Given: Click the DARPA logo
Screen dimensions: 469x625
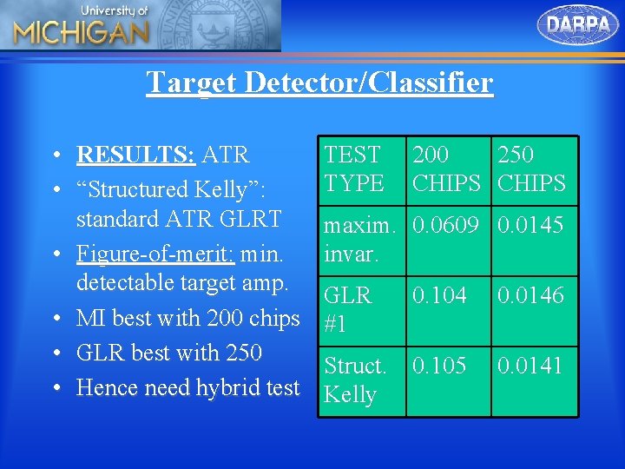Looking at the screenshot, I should (578, 24).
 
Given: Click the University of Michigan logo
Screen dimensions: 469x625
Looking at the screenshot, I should (81, 26).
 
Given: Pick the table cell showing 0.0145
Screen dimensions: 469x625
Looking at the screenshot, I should (530, 226).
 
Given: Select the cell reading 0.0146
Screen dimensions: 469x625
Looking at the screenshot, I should (530, 295).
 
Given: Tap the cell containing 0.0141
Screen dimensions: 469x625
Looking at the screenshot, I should (530, 366).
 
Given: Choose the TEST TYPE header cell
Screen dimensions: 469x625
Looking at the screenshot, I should (353, 168).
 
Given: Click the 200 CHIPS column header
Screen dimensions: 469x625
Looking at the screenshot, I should (446, 168).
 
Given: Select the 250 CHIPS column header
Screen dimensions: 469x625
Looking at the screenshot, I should (530, 168).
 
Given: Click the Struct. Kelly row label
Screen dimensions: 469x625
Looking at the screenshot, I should (355, 380).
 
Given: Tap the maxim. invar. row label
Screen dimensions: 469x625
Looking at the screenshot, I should (359, 240).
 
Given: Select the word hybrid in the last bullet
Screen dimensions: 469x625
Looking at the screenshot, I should (230, 387).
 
